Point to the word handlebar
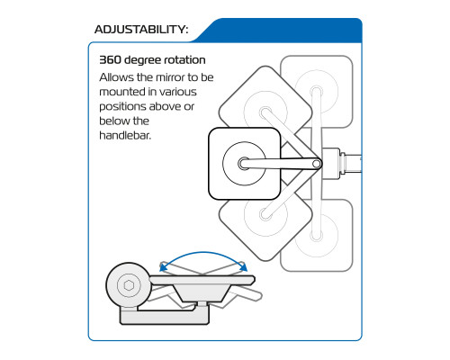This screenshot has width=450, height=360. pos(125,135)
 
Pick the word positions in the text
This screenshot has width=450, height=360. pos(122,107)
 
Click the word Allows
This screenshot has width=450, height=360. pos(117,77)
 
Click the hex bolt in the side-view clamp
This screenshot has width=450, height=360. pos(129,285)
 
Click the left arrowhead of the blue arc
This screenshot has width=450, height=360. pos(164,266)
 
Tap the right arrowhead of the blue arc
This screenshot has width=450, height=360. pos(243,266)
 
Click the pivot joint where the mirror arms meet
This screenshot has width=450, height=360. pos(317,164)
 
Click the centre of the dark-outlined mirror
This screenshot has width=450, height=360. pos(245,164)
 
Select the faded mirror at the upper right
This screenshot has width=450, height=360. pos(317,92)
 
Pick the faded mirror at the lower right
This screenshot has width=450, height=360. pos(317,236)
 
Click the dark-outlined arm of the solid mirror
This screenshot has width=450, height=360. pos(280,164)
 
